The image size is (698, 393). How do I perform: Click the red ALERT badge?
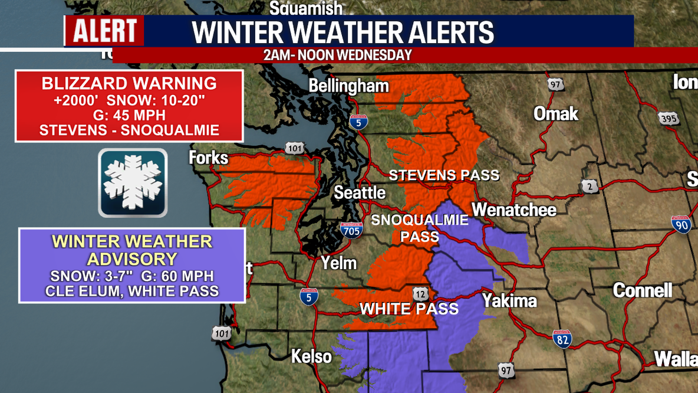104,31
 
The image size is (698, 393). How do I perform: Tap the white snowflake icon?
133,182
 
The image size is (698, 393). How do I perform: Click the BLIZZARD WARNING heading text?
129,83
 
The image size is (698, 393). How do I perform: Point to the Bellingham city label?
348,86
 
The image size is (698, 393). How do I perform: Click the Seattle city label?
360,193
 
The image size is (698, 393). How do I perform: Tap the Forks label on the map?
208,158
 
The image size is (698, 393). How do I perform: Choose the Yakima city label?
509,301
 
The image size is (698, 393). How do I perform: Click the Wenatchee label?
513,209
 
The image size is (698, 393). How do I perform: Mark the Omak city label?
555,114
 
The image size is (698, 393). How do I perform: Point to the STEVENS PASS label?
444,175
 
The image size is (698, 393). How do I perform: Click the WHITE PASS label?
409,309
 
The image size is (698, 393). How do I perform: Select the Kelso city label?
311,356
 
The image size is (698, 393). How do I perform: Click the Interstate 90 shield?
681,224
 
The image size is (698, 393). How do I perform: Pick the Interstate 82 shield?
562,339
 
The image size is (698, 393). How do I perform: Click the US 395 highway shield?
669,118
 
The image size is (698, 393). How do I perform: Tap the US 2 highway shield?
589,186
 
